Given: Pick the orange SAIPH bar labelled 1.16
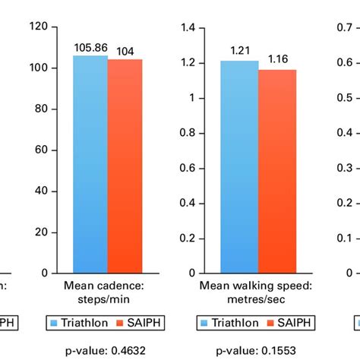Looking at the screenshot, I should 277,171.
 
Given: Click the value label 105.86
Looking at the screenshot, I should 90,48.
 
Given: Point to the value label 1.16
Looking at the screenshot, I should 278,58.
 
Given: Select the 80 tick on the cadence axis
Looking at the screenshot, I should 43,109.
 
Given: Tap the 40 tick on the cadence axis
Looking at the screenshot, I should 43,191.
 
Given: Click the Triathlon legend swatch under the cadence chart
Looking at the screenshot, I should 56,322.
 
